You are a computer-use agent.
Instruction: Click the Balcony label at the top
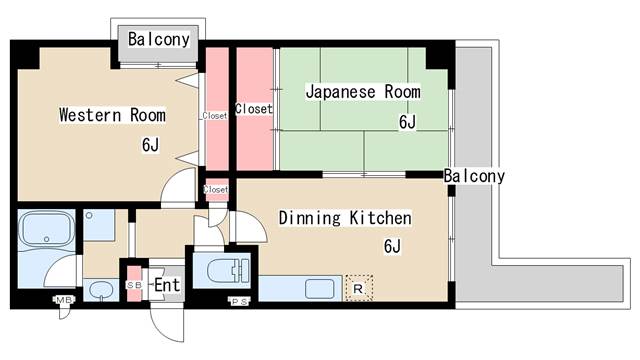click(159, 40)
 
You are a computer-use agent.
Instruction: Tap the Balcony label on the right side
click(475, 176)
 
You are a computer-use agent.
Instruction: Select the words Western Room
click(112, 114)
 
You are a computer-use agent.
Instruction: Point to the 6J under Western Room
click(150, 145)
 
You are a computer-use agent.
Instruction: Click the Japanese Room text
click(362, 92)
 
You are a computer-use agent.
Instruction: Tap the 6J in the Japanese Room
click(407, 122)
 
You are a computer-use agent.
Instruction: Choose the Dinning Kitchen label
click(345, 217)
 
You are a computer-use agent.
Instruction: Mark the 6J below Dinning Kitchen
click(392, 246)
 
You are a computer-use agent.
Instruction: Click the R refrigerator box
click(358, 287)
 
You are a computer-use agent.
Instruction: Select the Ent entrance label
click(167, 285)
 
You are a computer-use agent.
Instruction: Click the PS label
click(239, 301)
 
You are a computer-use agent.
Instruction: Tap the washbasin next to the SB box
click(100, 290)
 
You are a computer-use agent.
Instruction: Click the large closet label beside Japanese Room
click(253, 108)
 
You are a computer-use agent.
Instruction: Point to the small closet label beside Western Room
click(214, 115)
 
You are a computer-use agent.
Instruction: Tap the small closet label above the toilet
click(216, 189)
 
